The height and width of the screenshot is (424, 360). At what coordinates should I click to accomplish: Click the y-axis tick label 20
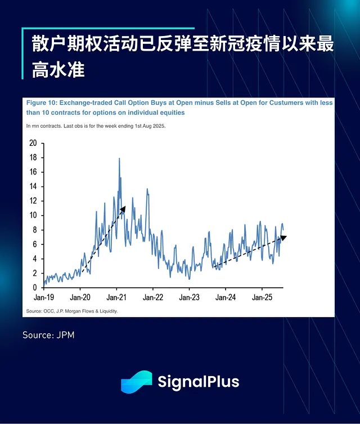(33, 143)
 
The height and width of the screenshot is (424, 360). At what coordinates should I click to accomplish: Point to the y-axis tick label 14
(33, 186)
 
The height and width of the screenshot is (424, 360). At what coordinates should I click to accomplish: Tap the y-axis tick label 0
(34, 288)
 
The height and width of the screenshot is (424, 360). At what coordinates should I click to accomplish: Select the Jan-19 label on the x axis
(44, 297)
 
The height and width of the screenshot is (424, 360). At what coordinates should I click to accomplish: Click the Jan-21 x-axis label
(116, 297)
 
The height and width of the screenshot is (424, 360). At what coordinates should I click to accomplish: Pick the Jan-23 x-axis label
(189, 297)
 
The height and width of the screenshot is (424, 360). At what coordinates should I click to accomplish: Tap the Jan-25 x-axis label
(262, 297)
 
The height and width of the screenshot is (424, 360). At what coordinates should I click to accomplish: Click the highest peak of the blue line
(119, 159)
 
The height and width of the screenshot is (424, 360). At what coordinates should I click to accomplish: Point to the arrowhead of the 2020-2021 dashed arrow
(123, 209)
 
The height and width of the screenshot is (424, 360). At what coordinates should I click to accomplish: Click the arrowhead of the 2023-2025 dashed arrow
(283, 238)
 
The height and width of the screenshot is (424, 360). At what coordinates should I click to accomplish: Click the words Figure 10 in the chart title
(41, 104)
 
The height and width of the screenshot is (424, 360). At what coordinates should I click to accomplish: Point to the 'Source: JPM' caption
(48, 335)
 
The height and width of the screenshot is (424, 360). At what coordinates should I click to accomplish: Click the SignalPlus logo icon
(136, 382)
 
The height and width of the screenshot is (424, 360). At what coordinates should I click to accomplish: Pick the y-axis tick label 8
(34, 230)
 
